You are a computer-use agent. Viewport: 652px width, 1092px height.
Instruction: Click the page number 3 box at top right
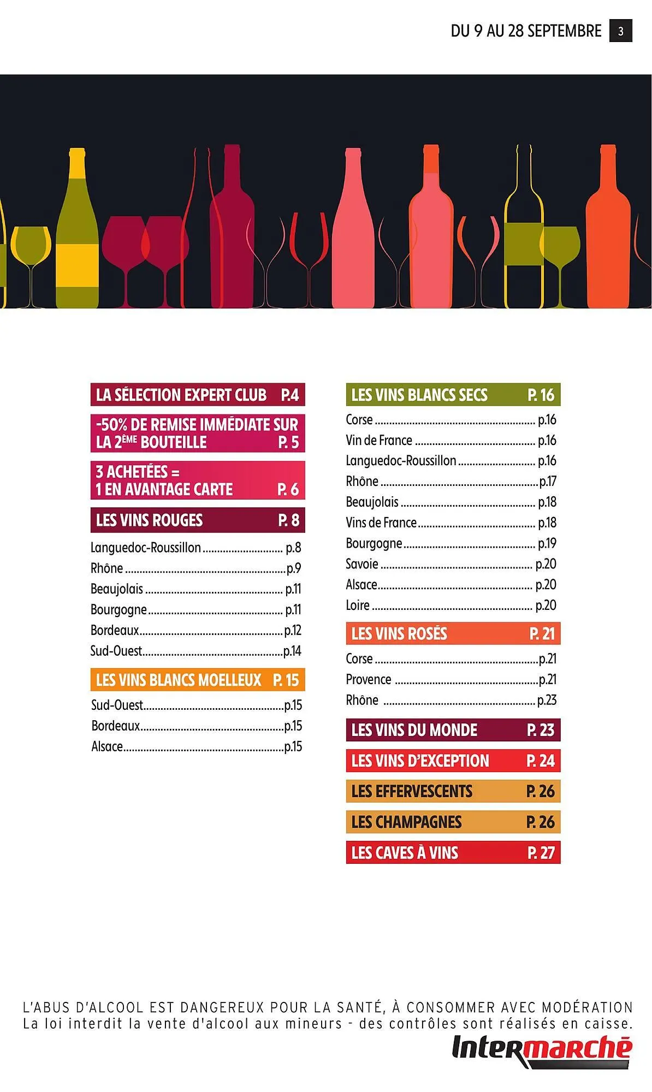point(620,31)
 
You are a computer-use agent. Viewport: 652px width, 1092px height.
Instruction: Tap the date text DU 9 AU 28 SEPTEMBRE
point(526,31)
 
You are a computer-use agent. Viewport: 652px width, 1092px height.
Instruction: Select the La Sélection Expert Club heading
point(197,395)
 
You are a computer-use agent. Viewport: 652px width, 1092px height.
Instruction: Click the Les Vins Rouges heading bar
point(197,520)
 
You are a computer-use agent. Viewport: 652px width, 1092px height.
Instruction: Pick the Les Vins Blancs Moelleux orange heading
point(197,680)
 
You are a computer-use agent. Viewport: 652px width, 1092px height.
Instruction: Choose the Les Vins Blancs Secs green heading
point(453,395)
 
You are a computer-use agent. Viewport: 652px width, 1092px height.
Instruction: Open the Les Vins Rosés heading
point(453,634)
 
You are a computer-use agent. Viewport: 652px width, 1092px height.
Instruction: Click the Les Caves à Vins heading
point(453,853)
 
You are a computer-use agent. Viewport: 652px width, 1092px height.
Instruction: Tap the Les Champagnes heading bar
point(453,822)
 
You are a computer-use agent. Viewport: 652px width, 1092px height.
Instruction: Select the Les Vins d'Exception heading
point(453,761)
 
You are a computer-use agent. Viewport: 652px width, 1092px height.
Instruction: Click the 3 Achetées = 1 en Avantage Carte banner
point(197,480)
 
